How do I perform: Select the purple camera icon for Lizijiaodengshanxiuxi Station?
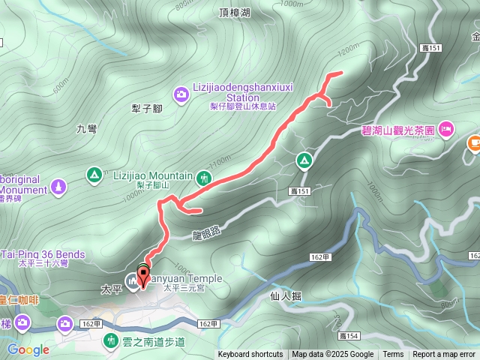tap(181, 94)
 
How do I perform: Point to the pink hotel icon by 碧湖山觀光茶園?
tap(445, 131)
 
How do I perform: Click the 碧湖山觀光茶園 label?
tap(398, 130)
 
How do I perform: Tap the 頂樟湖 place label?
tap(235, 12)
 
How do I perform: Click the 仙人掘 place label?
tap(285, 296)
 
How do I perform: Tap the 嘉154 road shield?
tap(349, 336)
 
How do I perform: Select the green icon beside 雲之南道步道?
tap(110, 340)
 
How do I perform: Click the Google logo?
tap(28, 349)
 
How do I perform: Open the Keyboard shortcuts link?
tap(250, 355)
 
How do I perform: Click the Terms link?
tap(393, 355)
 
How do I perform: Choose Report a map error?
tap(444, 355)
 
